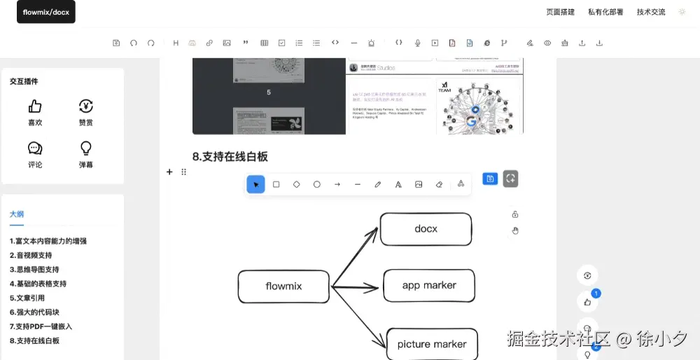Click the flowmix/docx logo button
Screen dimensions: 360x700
[x=46, y=12]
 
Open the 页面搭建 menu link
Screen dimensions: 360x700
[x=560, y=12]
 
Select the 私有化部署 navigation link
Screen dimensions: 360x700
[x=605, y=12]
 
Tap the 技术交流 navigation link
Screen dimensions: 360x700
[x=651, y=12]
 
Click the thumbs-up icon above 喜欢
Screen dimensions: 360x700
[x=35, y=106]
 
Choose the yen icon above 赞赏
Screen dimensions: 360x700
[x=86, y=106]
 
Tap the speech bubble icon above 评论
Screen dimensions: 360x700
[x=35, y=148]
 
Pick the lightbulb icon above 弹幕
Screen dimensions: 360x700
[x=86, y=148]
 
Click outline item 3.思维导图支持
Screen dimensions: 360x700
[x=34, y=270]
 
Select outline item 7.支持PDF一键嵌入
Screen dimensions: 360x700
[x=41, y=326]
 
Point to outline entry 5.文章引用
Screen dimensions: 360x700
[x=27, y=298]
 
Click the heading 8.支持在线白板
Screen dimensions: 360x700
[x=230, y=156]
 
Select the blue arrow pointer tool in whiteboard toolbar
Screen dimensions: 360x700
[x=256, y=184]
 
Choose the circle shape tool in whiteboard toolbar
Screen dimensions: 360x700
[x=317, y=184]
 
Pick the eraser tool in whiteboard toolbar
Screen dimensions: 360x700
[x=439, y=184]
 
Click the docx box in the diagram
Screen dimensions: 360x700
[x=426, y=229]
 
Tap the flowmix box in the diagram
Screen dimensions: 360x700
[x=283, y=286]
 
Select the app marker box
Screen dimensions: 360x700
[x=429, y=285]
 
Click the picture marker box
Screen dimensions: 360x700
[x=432, y=344]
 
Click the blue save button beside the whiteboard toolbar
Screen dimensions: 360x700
[x=490, y=179]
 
